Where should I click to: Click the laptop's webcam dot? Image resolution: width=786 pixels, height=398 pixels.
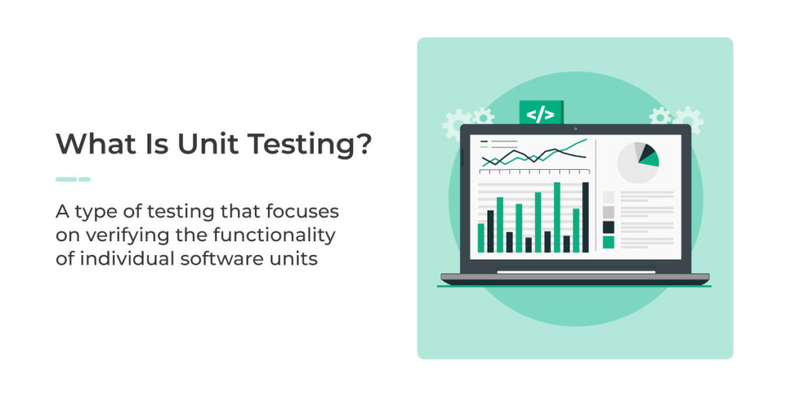[x=576, y=129]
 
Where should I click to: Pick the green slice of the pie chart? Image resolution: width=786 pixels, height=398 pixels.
[x=649, y=160]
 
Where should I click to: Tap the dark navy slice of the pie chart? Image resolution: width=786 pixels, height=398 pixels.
[x=646, y=151]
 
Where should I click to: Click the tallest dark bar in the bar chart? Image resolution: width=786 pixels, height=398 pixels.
[x=585, y=217]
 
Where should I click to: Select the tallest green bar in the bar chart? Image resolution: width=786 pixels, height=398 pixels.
[x=556, y=217]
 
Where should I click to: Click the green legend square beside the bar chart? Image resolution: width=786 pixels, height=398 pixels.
[x=608, y=243]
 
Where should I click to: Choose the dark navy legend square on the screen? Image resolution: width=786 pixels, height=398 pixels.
[x=608, y=227]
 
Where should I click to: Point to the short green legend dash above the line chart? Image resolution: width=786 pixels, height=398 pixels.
[x=484, y=147]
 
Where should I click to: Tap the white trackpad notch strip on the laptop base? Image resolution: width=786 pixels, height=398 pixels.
[x=576, y=272]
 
